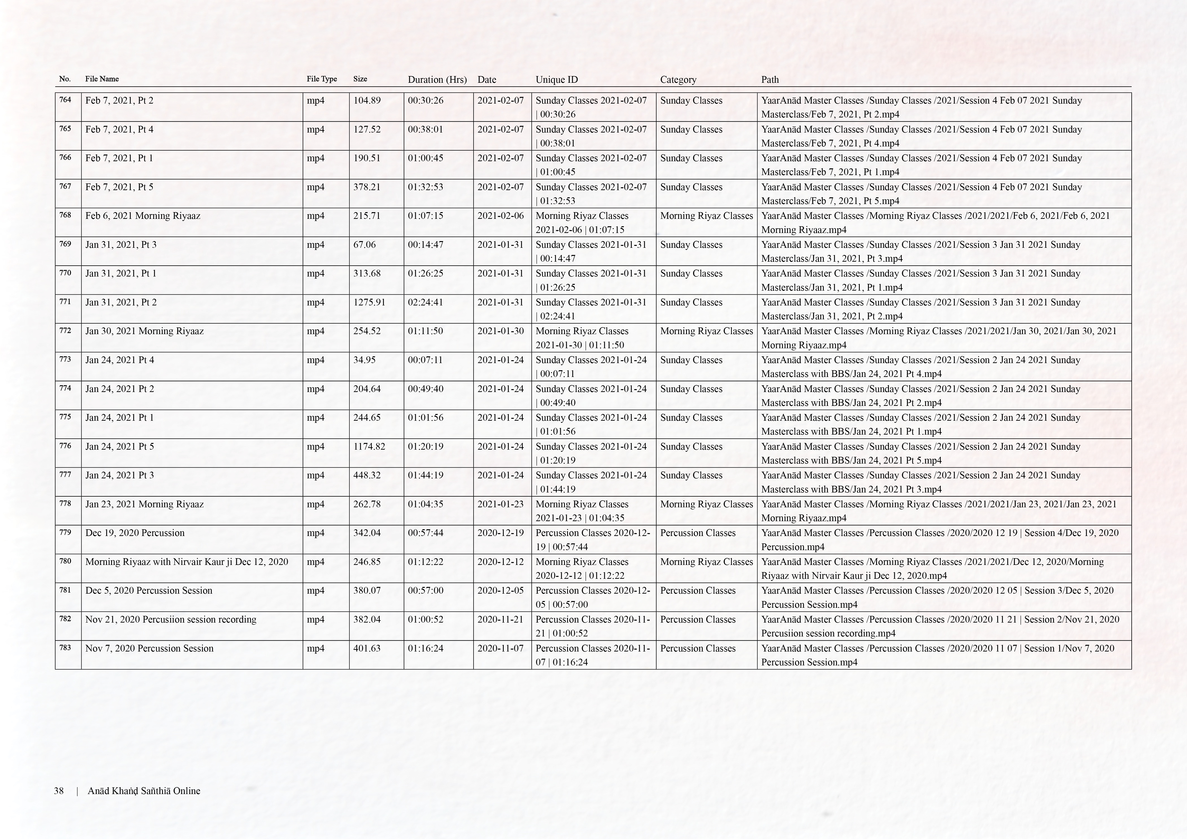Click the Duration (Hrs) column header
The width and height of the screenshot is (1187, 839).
(x=437, y=80)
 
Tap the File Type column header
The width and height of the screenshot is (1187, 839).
(x=322, y=79)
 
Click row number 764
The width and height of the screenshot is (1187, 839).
(x=65, y=100)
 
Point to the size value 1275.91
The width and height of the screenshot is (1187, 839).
(x=369, y=302)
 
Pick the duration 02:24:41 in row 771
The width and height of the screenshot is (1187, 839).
(x=425, y=302)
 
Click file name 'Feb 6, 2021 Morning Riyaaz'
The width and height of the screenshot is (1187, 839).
(x=143, y=216)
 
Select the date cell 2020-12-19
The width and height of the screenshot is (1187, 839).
(x=500, y=533)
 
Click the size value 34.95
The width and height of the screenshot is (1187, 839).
(x=364, y=360)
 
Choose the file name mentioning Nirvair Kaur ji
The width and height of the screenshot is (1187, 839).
(x=187, y=562)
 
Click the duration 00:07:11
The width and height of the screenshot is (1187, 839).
(x=425, y=360)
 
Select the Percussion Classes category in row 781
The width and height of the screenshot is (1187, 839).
(x=697, y=591)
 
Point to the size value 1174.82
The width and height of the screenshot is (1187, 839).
(x=369, y=446)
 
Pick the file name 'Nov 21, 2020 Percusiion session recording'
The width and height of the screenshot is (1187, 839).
(x=171, y=619)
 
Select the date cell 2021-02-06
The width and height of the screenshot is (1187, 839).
(x=500, y=216)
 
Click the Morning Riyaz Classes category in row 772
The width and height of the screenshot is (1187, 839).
(x=706, y=331)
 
